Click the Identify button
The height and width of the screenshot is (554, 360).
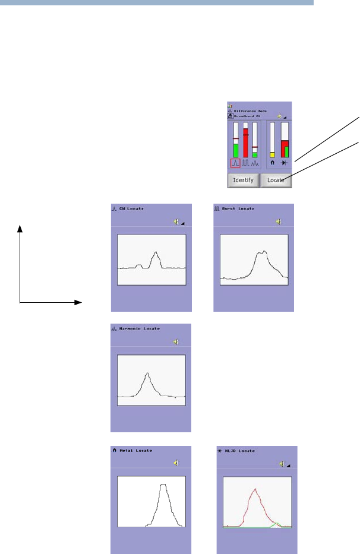(243, 180)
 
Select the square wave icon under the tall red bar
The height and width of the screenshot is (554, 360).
(245, 163)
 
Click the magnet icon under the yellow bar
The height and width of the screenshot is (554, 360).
(272, 163)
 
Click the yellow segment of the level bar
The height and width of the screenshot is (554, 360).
(272, 154)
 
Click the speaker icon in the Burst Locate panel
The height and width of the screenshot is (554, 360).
(277, 221)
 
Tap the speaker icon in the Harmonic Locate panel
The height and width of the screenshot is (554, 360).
(175, 342)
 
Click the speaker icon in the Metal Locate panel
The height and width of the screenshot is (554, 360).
(175, 463)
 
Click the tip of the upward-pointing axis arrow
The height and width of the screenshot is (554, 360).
(21, 226)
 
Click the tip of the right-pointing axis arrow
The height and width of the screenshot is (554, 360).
(81, 302)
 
